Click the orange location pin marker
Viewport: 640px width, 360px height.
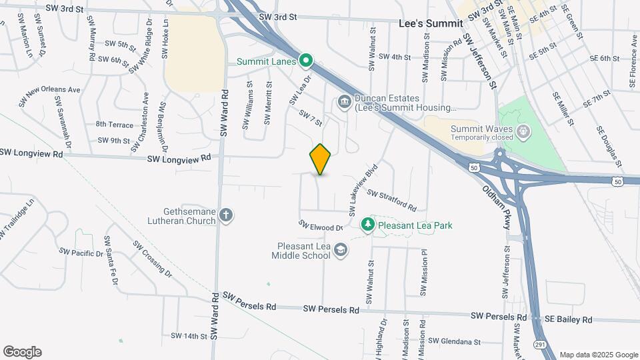(x=321, y=159)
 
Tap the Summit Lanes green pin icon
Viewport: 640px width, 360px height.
(x=306, y=61)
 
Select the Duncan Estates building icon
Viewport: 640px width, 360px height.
(x=344, y=101)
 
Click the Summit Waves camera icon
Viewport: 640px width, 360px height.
(x=524, y=130)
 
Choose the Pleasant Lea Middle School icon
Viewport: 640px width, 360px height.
(x=341, y=249)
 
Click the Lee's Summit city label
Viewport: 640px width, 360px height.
(x=430, y=23)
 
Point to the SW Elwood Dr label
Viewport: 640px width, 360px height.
(x=321, y=227)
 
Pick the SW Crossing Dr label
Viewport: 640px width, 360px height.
(x=153, y=259)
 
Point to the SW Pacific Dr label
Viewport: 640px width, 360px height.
(x=81, y=253)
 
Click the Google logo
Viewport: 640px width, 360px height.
(x=21, y=351)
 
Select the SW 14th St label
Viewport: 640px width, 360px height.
(x=190, y=336)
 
